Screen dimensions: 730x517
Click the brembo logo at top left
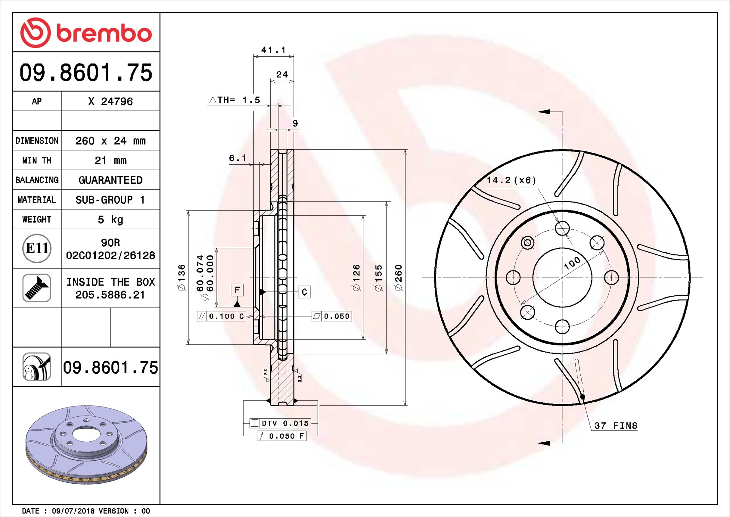(86, 33)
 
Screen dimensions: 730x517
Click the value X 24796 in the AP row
(110, 101)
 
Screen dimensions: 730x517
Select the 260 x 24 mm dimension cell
(110, 141)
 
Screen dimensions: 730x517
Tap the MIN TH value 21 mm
(110, 161)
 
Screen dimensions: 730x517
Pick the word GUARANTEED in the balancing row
(110, 180)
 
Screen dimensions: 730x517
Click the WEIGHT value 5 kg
(110, 220)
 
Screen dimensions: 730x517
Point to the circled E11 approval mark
(37, 248)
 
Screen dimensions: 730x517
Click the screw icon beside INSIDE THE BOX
(37, 288)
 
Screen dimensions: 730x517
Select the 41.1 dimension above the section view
(273, 50)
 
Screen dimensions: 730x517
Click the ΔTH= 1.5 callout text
(234, 100)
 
